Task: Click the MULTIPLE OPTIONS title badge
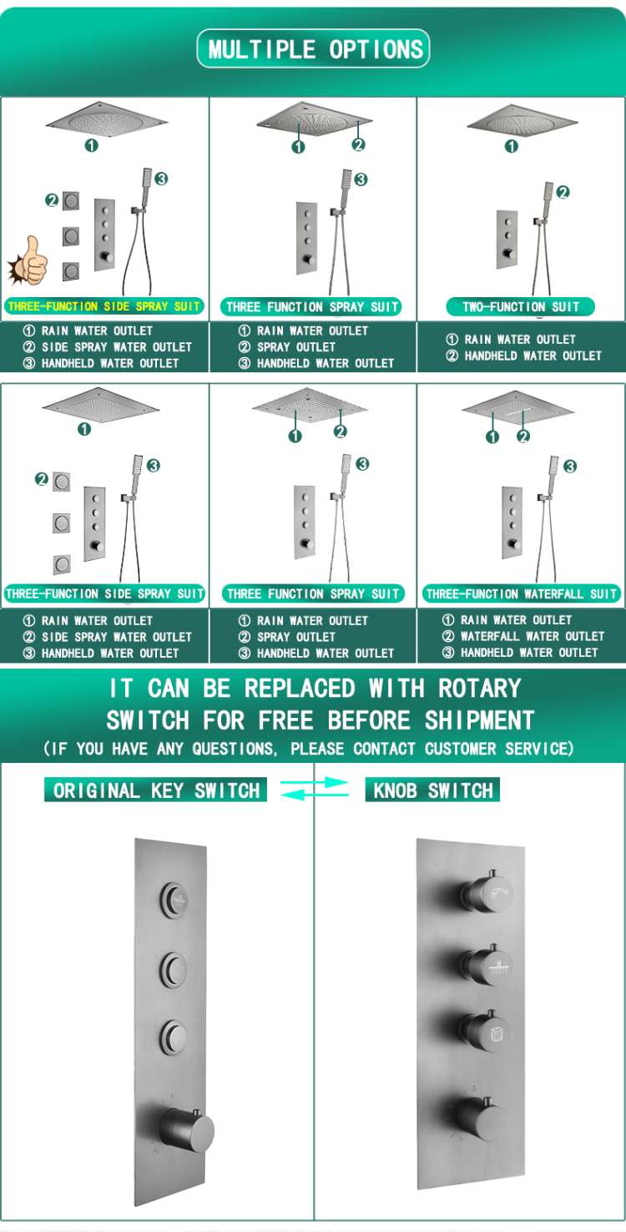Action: tap(313, 49)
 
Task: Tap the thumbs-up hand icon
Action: tap(28, 260)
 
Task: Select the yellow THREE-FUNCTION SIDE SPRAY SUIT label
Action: tap(104, 306)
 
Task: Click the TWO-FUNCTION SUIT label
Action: tap(520, 306)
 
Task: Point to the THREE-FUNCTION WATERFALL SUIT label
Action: tap(522, 594)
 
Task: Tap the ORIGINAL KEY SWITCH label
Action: tap(156, 790)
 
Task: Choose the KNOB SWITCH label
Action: tap(433, 790)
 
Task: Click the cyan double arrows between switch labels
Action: tap(315, 789)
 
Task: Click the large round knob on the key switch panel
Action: tap(188, 1130)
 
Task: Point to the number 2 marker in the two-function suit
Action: tap(563, 192)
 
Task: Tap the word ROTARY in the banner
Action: tap(480, 689)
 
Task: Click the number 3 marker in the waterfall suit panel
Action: tap(570, 467)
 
